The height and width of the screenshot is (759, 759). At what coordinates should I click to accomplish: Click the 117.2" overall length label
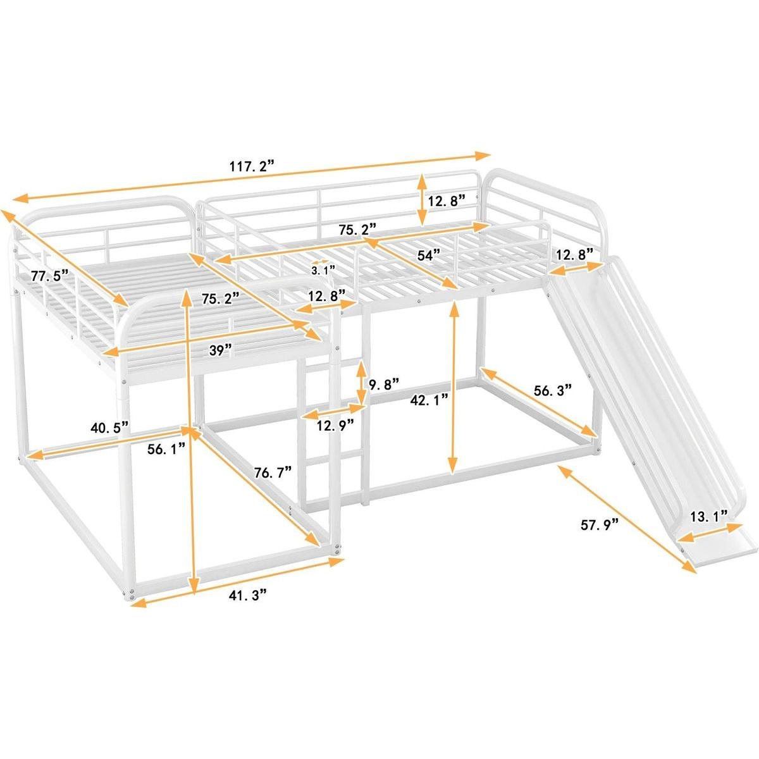(253, 167)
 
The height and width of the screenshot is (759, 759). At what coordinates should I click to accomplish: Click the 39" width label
(221, 349)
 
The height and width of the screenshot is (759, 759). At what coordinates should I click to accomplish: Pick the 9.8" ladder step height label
(384, 384)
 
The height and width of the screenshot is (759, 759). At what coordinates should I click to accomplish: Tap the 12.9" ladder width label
(335, 425)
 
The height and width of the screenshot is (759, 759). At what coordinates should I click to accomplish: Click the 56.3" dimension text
(552, 390)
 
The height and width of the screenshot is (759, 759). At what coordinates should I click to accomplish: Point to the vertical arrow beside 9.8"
(361, 383)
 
